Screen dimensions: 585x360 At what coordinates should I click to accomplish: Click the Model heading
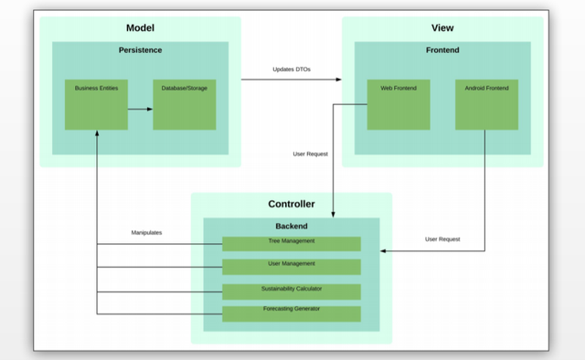click(140, 28)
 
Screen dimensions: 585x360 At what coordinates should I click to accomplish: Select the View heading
click(442, 28)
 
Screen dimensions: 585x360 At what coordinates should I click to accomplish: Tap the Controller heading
click(292, 204)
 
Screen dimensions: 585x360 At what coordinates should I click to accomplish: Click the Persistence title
click(140, 50)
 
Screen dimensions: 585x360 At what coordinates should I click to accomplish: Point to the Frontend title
click(442, 50)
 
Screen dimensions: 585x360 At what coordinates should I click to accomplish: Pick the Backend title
click(292, 226)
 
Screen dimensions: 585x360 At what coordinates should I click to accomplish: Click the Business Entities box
click(96, 104)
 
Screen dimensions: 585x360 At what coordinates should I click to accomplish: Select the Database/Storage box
click(185, 104)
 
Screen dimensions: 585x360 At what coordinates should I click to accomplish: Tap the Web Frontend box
click(399, 104)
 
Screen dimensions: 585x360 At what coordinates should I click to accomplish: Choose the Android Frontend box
click(486, 104)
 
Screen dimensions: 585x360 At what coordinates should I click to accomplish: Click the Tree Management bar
click(292, 244)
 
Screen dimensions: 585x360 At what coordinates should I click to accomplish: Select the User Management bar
click(292, 267)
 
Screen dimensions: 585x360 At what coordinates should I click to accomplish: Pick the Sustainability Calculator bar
click(292, 292)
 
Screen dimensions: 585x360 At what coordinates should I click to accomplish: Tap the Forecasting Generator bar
click(292, 314)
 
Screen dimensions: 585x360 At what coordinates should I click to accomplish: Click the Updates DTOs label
click(292, 69)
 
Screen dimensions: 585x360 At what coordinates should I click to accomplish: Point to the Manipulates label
click(146, 232)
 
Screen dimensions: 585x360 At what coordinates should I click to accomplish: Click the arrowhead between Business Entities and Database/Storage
click(150, 110)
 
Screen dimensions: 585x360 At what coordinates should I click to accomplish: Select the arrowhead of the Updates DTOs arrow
click(339, 79)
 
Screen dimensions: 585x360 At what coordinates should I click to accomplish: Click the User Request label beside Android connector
click(442, 239)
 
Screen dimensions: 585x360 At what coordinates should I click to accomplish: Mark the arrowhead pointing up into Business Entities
click(97, 132)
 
